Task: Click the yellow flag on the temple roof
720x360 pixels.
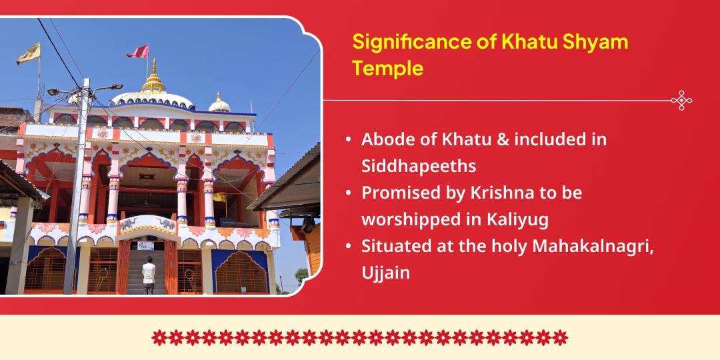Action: tap(29, 53)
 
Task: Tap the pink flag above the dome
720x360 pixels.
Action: tap(139, 51)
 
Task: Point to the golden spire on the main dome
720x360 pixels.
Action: tap(155, 77)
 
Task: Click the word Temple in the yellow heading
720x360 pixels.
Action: tap(388, 68)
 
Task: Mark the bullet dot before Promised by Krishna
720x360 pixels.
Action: tap(349, 193)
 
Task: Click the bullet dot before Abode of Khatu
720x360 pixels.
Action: tap(349, 141)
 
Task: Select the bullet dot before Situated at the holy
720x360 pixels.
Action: tap(349, 246)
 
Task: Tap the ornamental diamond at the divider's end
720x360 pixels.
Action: tap(681, 101)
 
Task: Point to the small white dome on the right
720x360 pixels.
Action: tap(220, 103)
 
